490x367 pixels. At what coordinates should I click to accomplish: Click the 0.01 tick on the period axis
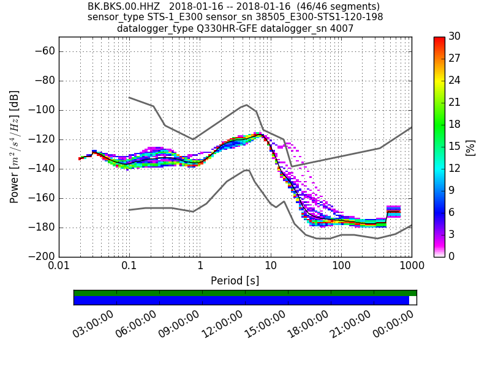(x=59, y=267)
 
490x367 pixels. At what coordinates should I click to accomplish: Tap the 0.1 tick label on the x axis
(x=129, y=267)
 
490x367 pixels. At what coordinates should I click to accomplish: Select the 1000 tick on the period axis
(x=411, y=267)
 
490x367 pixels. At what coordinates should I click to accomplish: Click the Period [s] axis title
(x=235, y=281)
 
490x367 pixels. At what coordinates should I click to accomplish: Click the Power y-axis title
(x=15, y=147)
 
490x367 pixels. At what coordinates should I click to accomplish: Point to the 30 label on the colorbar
(x=454, y=37)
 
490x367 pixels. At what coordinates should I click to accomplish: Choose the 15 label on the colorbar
(x=454, y=147)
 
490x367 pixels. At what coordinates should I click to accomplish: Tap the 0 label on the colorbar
(x=451, y=256)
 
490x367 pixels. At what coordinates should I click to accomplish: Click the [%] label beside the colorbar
(x=470, y=147)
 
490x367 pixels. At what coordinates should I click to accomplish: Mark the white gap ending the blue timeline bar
(x=413, y=300)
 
